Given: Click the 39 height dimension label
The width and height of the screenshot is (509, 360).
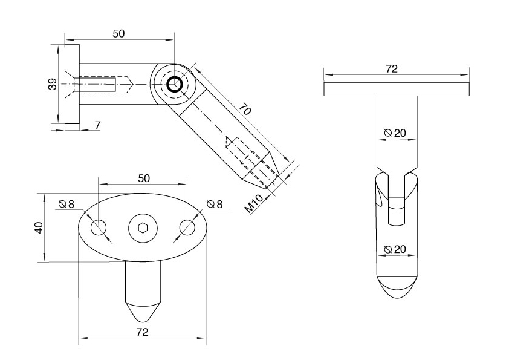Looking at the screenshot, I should (53, 85).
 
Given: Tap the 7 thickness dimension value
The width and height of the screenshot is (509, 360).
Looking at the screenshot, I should (98, 125).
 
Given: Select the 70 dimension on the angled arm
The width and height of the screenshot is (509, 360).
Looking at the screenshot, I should (244, 110).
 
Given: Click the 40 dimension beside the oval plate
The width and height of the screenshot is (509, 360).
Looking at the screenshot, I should (39, 227).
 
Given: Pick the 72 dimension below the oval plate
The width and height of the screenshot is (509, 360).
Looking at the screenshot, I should (143, 332).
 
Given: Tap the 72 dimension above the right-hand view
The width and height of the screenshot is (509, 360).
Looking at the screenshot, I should (391, 69).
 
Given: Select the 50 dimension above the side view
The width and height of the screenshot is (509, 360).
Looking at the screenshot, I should (118, 34).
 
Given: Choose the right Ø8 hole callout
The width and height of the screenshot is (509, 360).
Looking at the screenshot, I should (215, 205).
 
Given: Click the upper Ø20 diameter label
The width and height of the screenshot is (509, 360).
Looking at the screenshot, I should (395, 133).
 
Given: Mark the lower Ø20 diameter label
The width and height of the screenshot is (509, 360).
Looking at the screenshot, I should (395, 249).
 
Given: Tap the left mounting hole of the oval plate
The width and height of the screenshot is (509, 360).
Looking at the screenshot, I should (99, 228).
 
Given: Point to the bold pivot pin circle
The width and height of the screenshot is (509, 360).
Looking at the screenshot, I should (175, 84).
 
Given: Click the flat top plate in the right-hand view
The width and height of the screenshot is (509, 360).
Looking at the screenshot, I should (396, 89).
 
